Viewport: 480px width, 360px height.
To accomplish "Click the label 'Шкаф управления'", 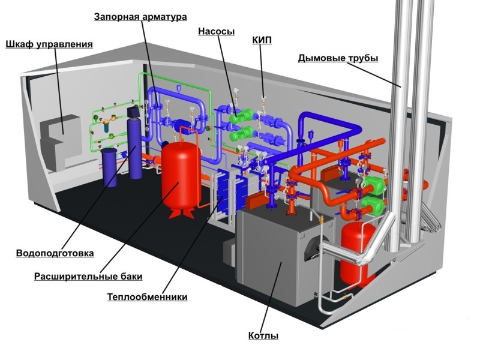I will pyautogui.click(x=49, y=44).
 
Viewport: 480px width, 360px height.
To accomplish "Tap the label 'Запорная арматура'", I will pyautogui.click(x=140, y=17).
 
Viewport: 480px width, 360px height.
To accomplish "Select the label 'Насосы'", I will pyautogui.click(x=216, y=31).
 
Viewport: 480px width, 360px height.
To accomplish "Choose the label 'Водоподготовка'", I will pyautogui.click(x=55, y=254).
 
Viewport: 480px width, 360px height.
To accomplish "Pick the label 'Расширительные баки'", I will pyautogui.click(x=88, y=277).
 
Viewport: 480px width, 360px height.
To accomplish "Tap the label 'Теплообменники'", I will pyautogui.click(x=147, y=297).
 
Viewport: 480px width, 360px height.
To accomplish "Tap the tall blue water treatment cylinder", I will pyautogui.click(x=135, y=147).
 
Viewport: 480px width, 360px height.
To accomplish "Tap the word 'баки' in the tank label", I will pyautogui.click(x=130, y=277).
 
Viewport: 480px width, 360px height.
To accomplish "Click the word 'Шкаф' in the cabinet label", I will pyautogui.click(x=19, y=44).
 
